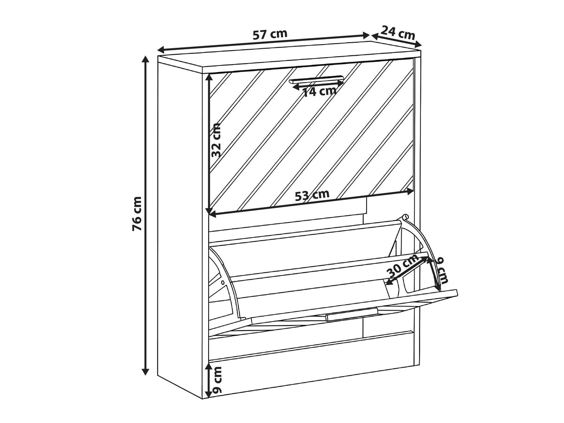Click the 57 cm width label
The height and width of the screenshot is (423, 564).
tap(270, 34)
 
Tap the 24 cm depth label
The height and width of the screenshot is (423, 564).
tap(398, 33)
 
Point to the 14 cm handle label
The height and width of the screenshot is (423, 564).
tap(319, 91)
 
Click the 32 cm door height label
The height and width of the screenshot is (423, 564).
tap(216, 140)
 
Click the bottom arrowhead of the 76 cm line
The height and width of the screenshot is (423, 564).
tap(145, 371)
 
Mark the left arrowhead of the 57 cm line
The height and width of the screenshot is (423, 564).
tap(162, 49)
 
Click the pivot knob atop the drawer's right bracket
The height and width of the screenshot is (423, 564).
tap(406, 216)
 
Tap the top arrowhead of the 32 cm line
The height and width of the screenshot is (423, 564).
tap(210, 77)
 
